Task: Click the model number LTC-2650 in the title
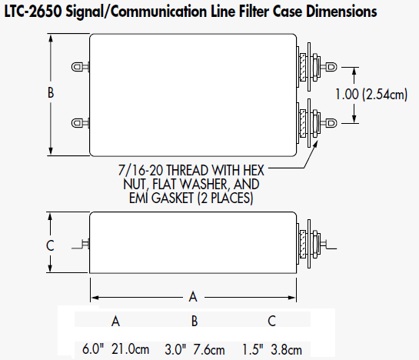[33, 12]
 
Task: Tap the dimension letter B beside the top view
[51, 93]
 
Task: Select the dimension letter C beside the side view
[50, 245]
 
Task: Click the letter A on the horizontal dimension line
[193, 297]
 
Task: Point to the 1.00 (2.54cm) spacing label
[371, 95]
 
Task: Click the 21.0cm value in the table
[130, 349]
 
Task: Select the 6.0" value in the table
[93, 348]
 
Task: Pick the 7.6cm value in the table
[209, 349]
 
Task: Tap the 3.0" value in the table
[175, 349]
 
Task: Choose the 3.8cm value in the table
[286, 349]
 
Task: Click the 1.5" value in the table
[253, 349]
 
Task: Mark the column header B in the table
[195, 321]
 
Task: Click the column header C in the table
[271, 321]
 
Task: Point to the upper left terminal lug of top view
[77, 67]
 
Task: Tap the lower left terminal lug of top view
[77, 123]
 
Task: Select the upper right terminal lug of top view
[331, 67]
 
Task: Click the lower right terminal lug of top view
[331, 123]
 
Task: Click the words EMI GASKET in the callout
[161, 198]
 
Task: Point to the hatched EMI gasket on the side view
[303, 244]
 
